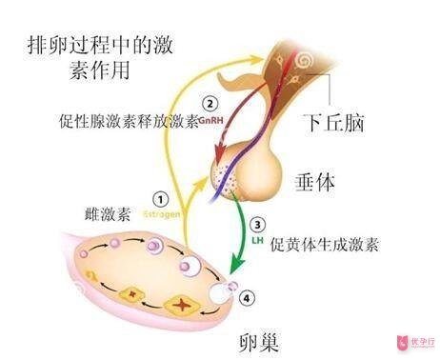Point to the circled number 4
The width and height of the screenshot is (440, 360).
[249, 297]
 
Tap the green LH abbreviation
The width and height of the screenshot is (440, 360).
[257, 242]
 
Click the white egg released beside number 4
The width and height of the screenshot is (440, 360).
[226, 286]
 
